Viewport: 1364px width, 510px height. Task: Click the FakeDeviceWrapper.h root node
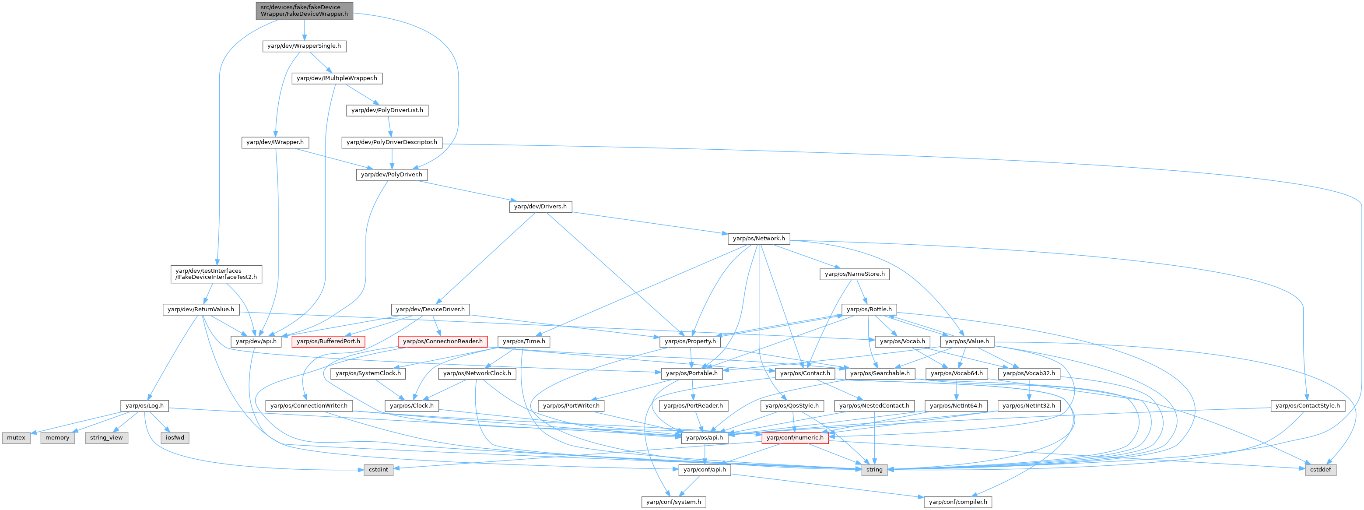(x=304, y=11)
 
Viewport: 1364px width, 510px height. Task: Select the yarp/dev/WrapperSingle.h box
(x=304, y=46)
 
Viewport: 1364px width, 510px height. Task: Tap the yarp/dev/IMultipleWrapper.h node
(x=337, y=78)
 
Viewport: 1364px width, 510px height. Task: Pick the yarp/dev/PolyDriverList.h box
(x=387, y=110)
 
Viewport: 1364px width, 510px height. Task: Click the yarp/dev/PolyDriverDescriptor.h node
(x=391, y=142)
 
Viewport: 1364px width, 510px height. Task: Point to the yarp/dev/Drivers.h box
(x=540, y=207)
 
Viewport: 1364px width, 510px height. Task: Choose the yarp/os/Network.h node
(x=759, y=239)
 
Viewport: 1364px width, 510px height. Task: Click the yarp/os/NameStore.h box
(x=855, y=274)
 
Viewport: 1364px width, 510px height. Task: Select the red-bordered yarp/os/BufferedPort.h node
(x=328, y=341)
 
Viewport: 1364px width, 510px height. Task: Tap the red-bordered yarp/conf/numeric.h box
(x=795, y=438)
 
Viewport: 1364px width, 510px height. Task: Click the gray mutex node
(x=16, y=438)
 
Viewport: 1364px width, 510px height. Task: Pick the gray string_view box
(x=106, y=438)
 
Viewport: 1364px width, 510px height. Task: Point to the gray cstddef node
(x=1321, y=470)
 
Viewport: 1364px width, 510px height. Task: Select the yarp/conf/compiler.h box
(x=958, y=502)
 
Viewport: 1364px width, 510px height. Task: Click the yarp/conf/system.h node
(x=673, y=502)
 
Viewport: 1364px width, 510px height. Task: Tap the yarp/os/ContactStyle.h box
(x=1308, y=406)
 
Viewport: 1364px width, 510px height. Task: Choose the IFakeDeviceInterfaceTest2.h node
(x=216, y=274)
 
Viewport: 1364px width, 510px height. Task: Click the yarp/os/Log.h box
(x=144, y=406)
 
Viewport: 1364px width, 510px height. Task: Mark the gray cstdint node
(x=379, y=470)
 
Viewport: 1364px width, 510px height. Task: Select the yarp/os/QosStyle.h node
(x=792, y=406)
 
